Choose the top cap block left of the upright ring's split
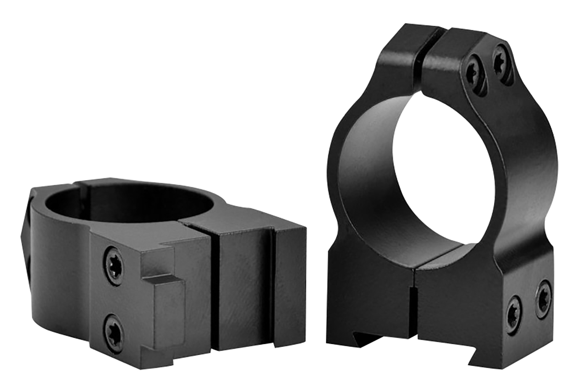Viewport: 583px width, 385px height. coord(404,47)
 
